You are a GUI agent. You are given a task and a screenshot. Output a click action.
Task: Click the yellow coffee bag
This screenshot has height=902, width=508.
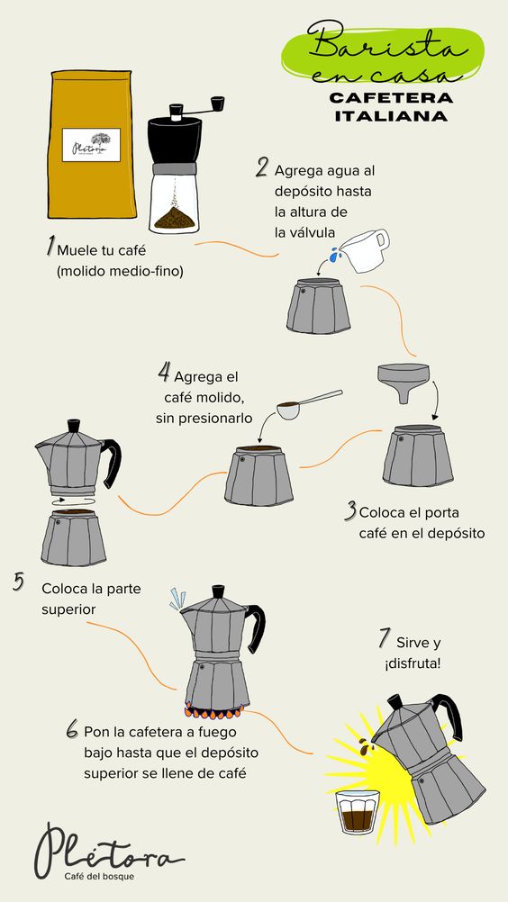[92, 144]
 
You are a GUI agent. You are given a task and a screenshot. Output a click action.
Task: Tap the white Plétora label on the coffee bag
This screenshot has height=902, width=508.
[91, 145]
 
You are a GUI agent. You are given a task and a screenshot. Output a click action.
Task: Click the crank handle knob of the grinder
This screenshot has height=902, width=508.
[217, 104]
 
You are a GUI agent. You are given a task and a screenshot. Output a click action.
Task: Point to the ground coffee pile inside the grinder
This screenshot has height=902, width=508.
[174, 218]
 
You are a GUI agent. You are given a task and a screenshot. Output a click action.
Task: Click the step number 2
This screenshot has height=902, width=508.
[262, 168]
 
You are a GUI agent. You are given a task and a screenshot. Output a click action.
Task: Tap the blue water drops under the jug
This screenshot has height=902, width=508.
[333, 255]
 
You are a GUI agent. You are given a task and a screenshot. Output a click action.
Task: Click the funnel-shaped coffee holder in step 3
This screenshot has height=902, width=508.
[403, 380]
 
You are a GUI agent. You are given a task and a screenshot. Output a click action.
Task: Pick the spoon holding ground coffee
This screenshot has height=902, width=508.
[309, 404]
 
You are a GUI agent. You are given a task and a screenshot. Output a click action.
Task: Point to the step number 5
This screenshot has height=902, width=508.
[19, 582]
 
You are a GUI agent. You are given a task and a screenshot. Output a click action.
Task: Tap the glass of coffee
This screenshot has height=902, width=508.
[358, 812]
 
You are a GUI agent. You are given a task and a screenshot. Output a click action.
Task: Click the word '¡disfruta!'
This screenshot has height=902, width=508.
[413, 663]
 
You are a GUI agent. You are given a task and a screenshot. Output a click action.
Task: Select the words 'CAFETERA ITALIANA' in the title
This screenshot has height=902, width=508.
[391, 106]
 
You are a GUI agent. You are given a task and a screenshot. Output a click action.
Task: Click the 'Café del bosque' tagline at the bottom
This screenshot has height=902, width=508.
[100, 877]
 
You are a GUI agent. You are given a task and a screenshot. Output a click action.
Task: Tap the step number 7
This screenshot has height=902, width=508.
[385, 637]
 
